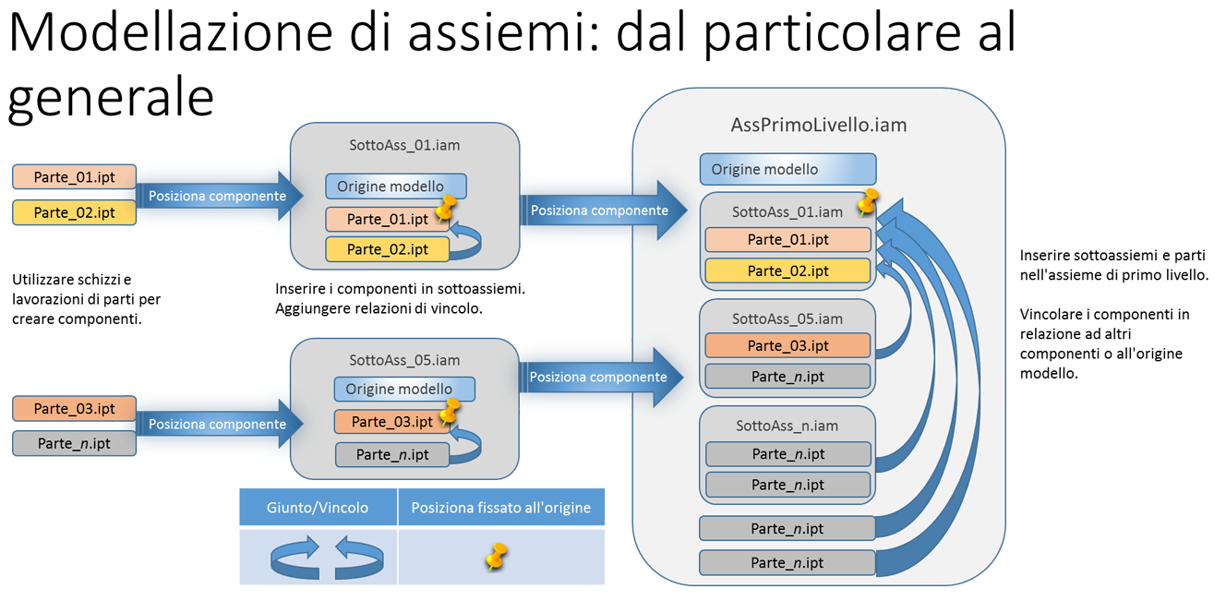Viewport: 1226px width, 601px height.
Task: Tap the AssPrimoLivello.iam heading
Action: (x=819, y=125)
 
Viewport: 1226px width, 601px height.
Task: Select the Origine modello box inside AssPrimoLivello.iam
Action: (x=787, y=169)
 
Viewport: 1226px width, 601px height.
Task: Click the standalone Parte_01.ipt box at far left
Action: (x=74, y=177)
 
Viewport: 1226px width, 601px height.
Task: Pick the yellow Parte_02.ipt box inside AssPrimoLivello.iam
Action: (x=787, y=270)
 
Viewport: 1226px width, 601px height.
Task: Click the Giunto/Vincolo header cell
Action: (x=318, y=508)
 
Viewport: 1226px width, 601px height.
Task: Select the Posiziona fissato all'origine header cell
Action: (x=501, y=508)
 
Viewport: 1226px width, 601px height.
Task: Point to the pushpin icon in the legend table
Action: (x=497, y=556)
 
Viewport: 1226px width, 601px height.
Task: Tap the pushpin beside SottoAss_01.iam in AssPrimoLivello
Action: (x=867, y=202)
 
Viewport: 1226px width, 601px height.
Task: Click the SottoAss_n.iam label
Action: (x=787, y=426)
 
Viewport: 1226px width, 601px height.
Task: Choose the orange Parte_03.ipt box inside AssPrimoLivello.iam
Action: (x=787, y=345)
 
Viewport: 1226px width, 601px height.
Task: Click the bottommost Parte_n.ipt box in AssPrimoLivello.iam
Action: (x=787, y=562)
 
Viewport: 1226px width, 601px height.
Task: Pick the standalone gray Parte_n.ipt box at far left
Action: (x=74, y=443)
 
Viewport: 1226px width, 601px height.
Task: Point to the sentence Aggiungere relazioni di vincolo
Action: (x=379, y=309)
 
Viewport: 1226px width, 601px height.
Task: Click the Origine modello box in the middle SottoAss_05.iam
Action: (x=403, y=389)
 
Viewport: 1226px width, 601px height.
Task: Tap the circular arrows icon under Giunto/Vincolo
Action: (x=326, y=558)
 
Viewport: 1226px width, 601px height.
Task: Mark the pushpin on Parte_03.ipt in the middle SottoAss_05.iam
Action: (x=451, y=411)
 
